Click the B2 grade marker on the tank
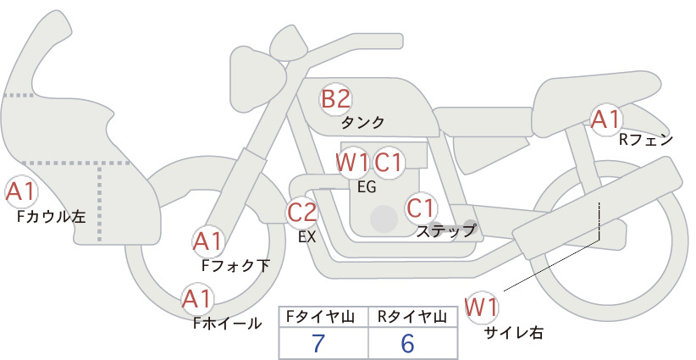coord(336,99)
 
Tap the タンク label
coord(362,123)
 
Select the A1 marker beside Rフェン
coord(605,119)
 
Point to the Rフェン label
coord(646,141)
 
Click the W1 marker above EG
coord(352,163)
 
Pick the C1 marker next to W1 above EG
coord(388,163)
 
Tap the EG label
coord(367,187)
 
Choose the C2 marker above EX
coord(301,212)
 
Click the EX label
coord(307,237)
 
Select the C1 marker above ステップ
coord(420,208)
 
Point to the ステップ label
coord(445,231)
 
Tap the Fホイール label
coord(227,324)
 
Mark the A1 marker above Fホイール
coord(197,299)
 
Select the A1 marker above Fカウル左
coord(20,192)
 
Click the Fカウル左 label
coord(51,217)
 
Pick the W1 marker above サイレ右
coord(482,307)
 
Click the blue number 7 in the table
coord(318,343)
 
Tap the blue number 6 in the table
coord(407,343)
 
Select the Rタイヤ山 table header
coord(412,317)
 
